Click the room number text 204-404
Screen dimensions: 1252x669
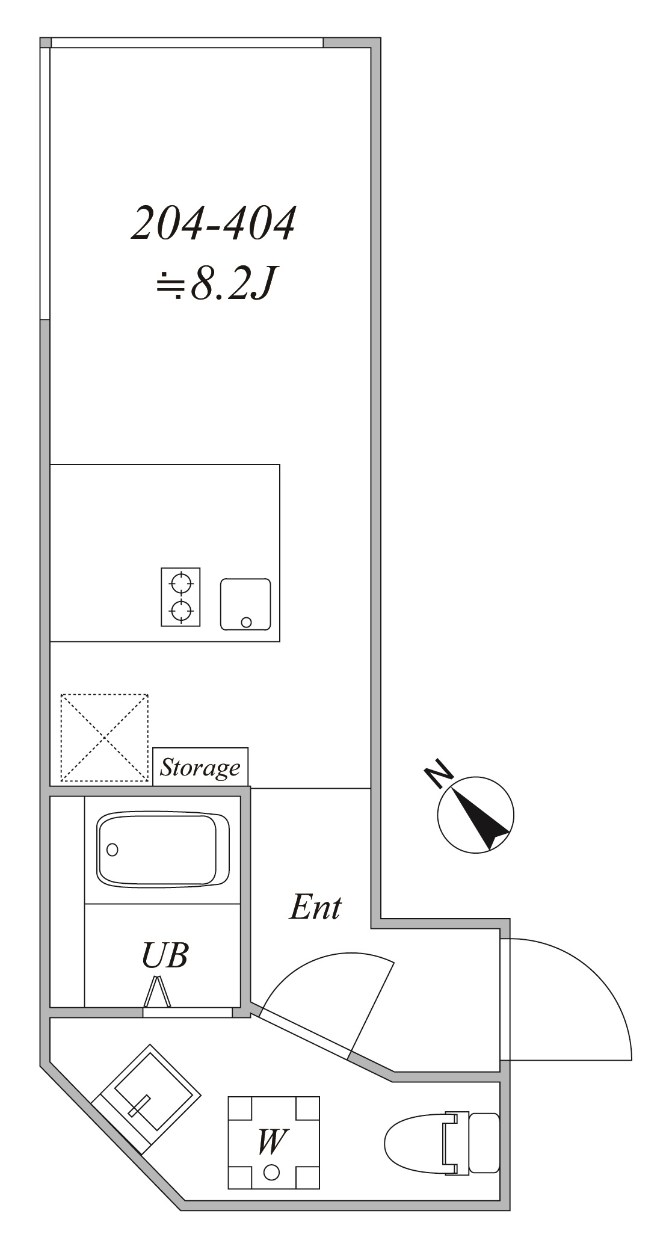tap(214, 224)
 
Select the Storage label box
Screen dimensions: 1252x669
tap(200, 766)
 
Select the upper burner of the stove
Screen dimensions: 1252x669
tap(181, 583)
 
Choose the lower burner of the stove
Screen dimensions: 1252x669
tap(181, 611)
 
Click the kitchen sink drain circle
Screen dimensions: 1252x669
tap(246, 622)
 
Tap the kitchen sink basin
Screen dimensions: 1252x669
tap(245, 603)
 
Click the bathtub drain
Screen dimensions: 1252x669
tap(113, 850)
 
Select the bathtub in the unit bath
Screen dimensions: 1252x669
tap(162, 849)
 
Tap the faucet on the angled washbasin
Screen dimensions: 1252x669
tap(139, 1106)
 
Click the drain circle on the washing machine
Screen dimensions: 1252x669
tap(272, 1171)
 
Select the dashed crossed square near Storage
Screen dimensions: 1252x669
tap(105, 738)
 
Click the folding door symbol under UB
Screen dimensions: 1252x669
tap(158, 993)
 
